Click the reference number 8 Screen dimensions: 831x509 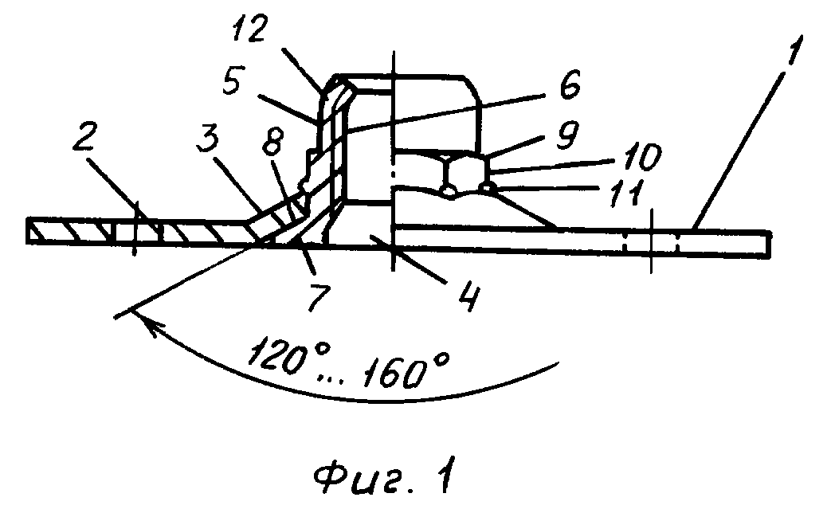(272, 141)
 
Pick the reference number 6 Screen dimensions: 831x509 (570, 84)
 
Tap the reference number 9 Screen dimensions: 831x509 (567, 135)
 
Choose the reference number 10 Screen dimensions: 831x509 (642, 157)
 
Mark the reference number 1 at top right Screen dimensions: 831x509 (794, 50)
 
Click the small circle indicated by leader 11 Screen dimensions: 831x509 (488, 186)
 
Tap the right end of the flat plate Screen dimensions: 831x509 (769, 245)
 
